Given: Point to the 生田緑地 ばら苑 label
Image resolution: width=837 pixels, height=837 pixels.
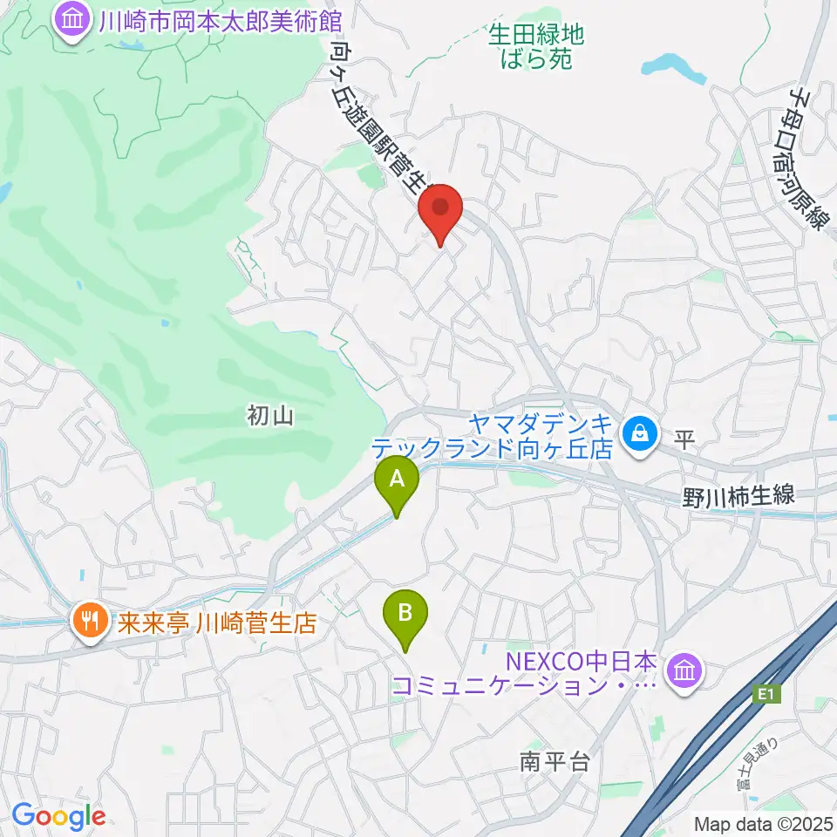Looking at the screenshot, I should (535, 46).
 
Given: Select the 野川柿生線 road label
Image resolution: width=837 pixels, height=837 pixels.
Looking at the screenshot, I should (740, 497).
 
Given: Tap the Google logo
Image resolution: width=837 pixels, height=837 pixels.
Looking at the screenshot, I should (58, 817).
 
